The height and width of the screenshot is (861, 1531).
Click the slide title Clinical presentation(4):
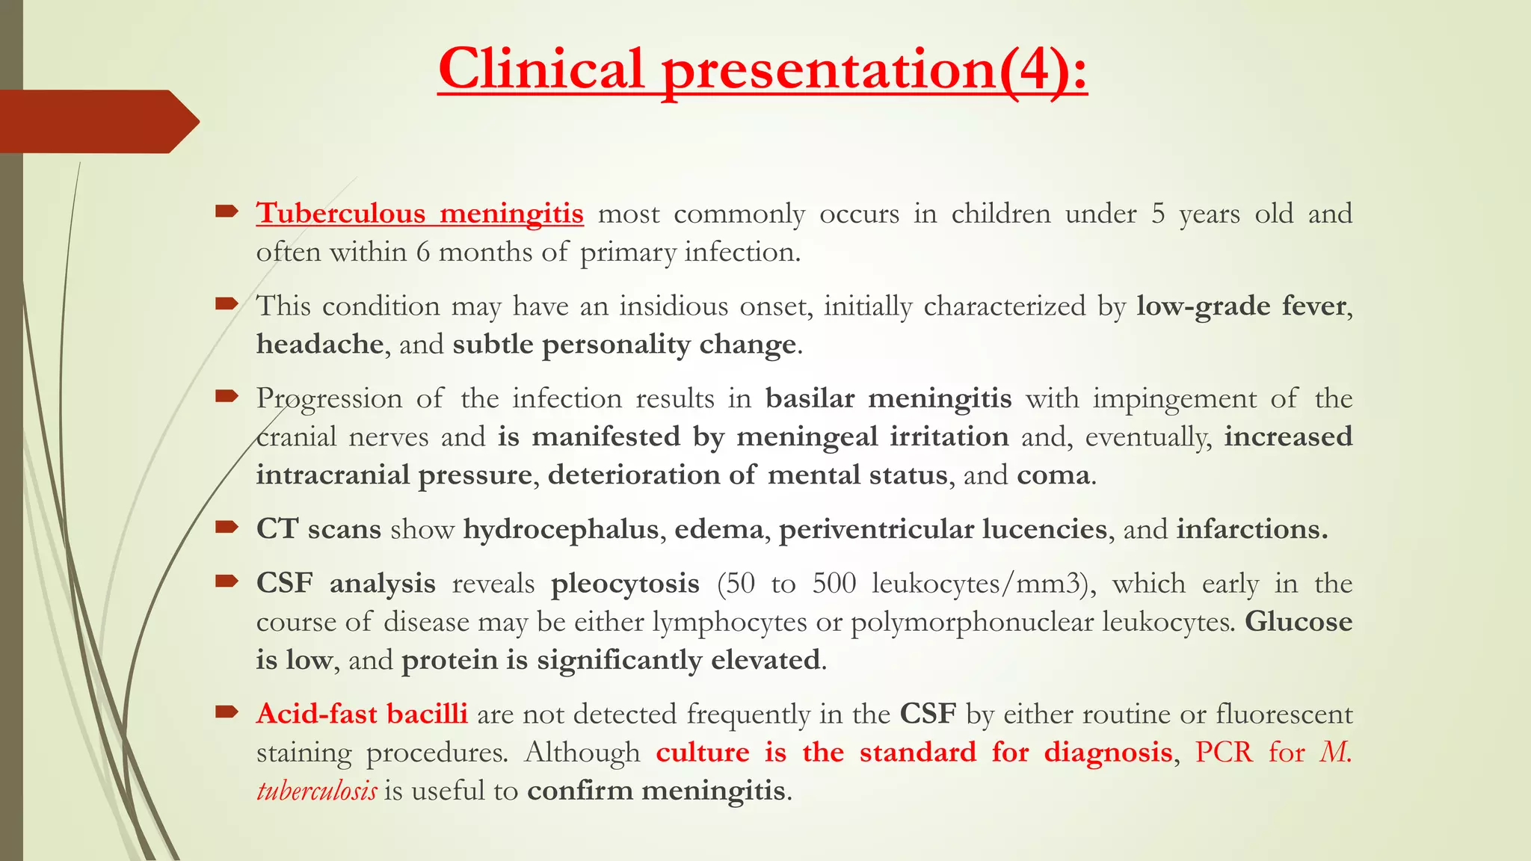pyautogui.click(x=763, y=69)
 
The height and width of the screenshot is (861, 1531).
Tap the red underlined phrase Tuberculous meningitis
pyautogui.click(x=419, y=214)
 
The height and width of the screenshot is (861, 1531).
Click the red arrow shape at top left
pyautogui.click(x=97, y=121)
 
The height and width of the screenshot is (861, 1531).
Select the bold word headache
pyautogui.click(x=320, y=345)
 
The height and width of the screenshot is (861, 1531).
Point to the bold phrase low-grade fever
pyautogui.click(x=1241, y=306)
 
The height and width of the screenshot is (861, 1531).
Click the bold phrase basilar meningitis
pyautogui.click(x=888, y=398)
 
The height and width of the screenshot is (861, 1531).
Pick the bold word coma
pyautogui.click(x=1053, y=475)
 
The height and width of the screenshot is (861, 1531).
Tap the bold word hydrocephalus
pyautogui.click(x=561, y=529)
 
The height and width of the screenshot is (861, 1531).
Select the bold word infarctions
pyautogui.click(x=1251, y=529)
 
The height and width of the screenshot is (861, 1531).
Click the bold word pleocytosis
pyautogui.click(x=625, y=584)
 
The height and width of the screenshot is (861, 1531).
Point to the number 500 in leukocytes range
pyautogui.click(x=834, y=584)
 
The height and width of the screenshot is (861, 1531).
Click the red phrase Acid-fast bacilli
pyautogui.click(x=362, y=715)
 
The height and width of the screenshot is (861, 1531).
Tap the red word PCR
pyautogui.click(x=1223, y=753)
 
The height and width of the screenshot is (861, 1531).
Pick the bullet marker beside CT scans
pyautogui.click(x=226, y=528)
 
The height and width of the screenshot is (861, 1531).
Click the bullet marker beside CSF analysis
pyautogui.click(x=226, y=581)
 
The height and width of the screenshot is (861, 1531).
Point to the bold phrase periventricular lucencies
pyautogui.click(x=943, y=529)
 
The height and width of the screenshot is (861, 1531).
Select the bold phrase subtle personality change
pyautogui.click(x=624, y=345)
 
